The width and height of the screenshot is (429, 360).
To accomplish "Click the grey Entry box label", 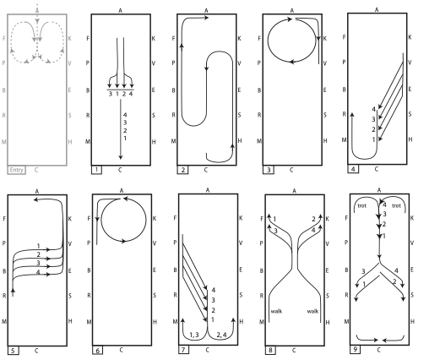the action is [16, 170].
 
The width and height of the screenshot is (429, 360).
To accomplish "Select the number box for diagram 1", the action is [96, 170].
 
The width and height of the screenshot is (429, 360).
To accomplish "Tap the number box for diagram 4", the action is [353, 169].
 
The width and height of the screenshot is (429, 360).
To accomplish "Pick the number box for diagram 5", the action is [14, 350].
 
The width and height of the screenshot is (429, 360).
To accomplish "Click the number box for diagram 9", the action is [356, 349].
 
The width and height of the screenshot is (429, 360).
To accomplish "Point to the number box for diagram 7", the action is [183, 350].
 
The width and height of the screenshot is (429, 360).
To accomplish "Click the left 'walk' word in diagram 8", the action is [276, 311].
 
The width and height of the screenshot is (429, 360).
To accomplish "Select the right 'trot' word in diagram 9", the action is [396, 206].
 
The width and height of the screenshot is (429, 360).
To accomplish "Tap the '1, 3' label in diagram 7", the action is [194, 335].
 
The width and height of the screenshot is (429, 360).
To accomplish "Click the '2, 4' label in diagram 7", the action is [221, 335].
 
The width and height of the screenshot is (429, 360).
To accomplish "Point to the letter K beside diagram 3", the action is [324, 38].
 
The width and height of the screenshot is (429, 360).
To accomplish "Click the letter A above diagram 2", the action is [206, 11].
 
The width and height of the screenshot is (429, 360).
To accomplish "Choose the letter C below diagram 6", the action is [122, 350].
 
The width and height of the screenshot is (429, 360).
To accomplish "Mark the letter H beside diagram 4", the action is [410, 139].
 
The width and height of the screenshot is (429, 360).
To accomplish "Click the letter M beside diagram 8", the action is [262, 322].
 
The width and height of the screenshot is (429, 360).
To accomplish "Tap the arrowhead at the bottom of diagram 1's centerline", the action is [121, 157].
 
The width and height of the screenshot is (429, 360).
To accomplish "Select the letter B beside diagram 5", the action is [4, 271].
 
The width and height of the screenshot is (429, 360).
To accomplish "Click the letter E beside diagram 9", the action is [412, 270].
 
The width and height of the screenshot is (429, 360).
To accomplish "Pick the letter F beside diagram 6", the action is [89, 218].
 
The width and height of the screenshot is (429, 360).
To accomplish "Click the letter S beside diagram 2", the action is [239, 115].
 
